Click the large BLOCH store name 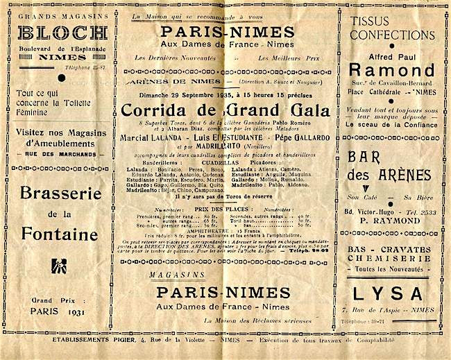click(x=62, y=33)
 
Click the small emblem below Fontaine click(x=60, y=264)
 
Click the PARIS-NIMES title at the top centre click(x=227, y=31)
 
